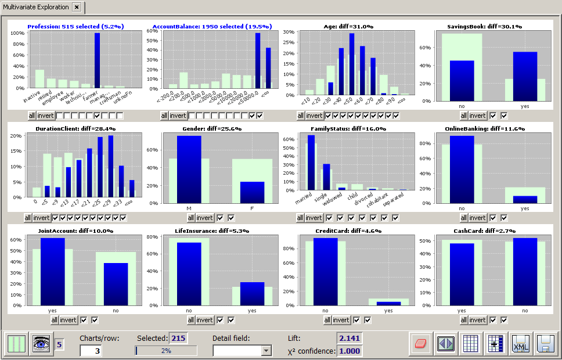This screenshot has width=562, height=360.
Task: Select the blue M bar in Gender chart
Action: tap(189, 170)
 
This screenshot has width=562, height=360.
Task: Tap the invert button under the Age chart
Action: tap(314, 116)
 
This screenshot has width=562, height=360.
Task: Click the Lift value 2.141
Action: tap(350, 338)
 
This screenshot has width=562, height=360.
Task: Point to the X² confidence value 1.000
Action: tap(350, 351)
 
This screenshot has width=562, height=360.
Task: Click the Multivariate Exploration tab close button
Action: tap(76, 8)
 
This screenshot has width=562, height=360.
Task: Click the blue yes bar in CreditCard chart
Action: tap(388, 303)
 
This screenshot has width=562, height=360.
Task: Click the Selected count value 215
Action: tap(178, 338)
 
